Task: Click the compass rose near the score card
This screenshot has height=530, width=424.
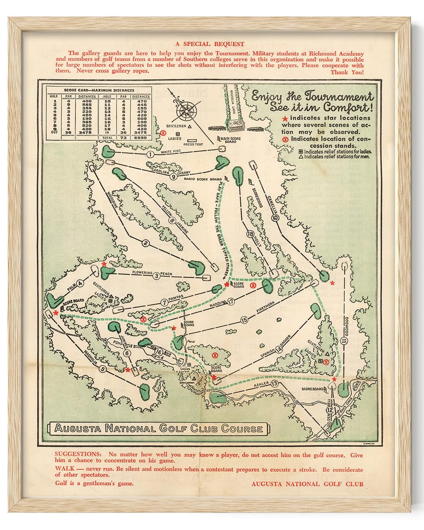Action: coord(185,109)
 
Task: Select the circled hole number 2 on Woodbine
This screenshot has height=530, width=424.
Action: coord(145,243)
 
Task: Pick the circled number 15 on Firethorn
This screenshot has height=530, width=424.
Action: coord(244,321)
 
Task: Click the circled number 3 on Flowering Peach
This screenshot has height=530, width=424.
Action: coord(156,276)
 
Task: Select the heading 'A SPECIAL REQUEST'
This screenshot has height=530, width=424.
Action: coord(210,44)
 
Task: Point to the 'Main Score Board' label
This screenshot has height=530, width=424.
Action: coord(231,139)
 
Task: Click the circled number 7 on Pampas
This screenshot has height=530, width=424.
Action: coord(164,302)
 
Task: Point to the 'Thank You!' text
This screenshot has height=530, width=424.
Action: coord(346,72)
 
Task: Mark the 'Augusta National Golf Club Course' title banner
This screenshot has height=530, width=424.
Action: coord(159,428)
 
